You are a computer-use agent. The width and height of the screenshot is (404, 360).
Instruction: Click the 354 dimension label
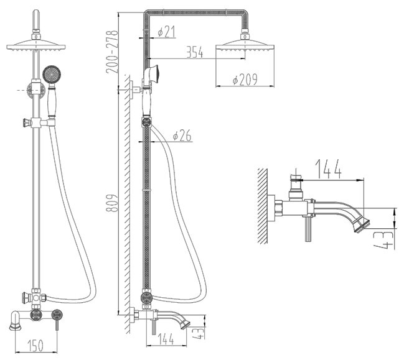tap(195, 53)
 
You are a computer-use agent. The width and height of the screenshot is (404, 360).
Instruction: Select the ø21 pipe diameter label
tap(166, 32)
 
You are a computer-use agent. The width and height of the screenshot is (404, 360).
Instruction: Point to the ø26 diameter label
tap(182, 134)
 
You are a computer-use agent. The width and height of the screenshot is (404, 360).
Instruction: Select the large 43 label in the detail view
tap(387, 239)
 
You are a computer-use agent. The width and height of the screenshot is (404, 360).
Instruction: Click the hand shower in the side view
tap(154, 75)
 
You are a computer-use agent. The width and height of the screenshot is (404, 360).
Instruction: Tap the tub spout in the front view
tap(14, 321)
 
